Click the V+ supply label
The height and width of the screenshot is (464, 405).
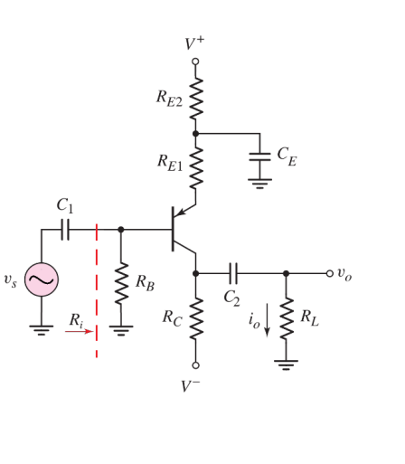coord(195,43)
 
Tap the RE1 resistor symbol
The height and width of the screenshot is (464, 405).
coord(195,165)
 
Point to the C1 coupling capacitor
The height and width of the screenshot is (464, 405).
coord(64,230)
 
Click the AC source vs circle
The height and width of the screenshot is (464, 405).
coord(42,280)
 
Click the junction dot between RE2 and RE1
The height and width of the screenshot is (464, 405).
coord(195,133)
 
